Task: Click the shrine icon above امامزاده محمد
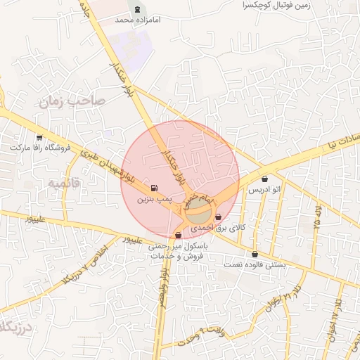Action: pyautogui.click(x=137, y=9)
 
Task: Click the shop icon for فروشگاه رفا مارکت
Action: pyautogui.click(x=39, y=137)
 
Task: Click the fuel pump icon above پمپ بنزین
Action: pyautogui.click(x=154, y=188)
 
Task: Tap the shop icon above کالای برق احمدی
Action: pyautogui.click(x=219, y=217)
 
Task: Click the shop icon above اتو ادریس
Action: pyautogui.click(x=265, y=179)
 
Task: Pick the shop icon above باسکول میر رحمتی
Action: pyautogui.click(x=178, y=236)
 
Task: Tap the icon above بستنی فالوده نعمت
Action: pyautogui.click(x=255, y=255)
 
